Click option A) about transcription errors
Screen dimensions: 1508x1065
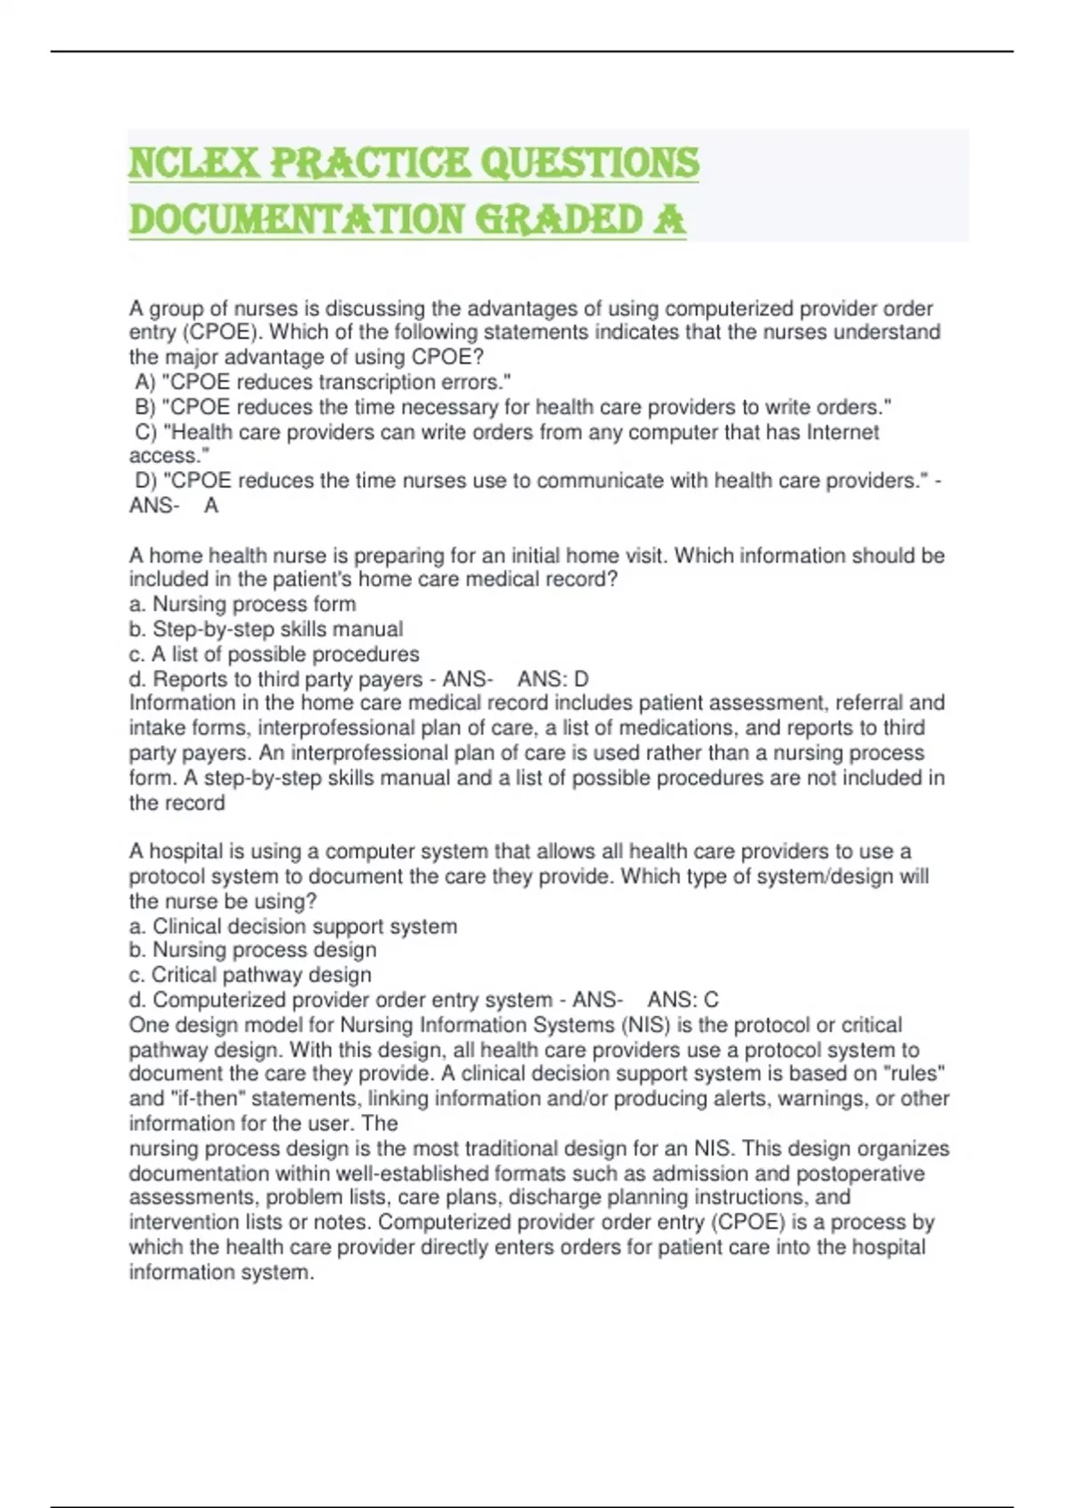323,382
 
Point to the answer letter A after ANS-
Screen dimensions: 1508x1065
211,506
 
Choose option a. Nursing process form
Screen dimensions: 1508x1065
242,604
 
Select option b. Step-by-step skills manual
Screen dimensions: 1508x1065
265,629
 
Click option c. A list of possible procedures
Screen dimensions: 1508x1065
274,654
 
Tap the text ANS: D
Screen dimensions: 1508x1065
553,679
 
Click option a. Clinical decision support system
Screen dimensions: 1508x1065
293,926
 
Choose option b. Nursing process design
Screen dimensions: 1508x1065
253,950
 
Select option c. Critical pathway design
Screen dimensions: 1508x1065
250,975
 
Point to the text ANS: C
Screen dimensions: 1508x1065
682,1000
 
